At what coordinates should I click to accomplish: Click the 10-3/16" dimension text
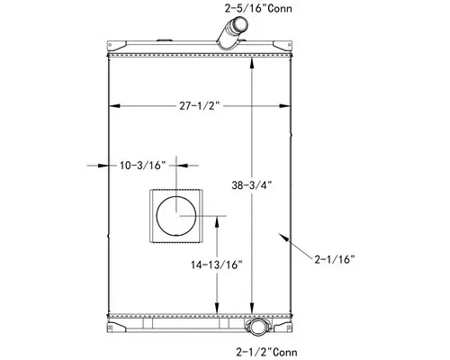point(142,165)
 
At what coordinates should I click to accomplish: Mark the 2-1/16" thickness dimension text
point(336,259)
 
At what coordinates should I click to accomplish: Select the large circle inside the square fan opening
point(178,217)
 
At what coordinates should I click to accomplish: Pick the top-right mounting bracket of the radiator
point(281,45)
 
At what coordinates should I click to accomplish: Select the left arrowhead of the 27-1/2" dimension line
point(112,105)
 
